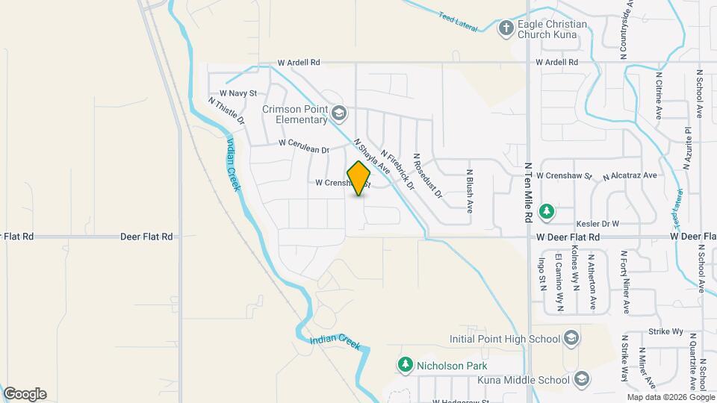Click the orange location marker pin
359,178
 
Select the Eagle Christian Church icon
506,28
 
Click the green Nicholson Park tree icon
406,365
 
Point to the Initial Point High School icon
571,339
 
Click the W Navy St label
238,93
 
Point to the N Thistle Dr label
226,112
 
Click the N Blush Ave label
471,191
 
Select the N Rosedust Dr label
428,176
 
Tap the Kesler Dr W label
598,223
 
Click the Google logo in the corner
25,393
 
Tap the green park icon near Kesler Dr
547,211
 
